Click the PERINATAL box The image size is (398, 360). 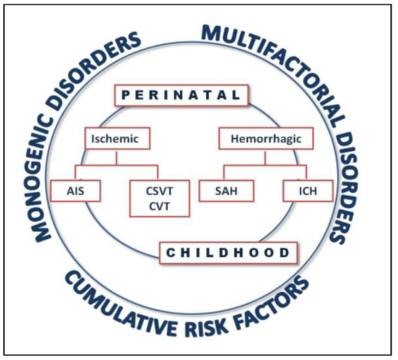tap(181, 95)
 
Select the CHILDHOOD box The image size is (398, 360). tap(228, 253)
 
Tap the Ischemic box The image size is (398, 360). tap(117, 138)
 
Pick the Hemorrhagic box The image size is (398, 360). tap(266, 138)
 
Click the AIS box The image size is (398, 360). tap(75, 191)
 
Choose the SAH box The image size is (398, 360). tap(226, 191)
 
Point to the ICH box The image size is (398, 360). tap(308, 191)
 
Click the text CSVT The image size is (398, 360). tap(159, 191)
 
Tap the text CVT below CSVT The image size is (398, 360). tap(159, 206)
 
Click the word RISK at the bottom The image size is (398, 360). tap(206, 324)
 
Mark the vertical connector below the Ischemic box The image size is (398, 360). tap(117, 157)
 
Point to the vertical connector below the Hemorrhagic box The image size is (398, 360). tap(265, 157)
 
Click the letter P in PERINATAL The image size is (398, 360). tap(126, 95)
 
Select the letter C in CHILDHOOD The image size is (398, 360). tap(170, 253)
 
